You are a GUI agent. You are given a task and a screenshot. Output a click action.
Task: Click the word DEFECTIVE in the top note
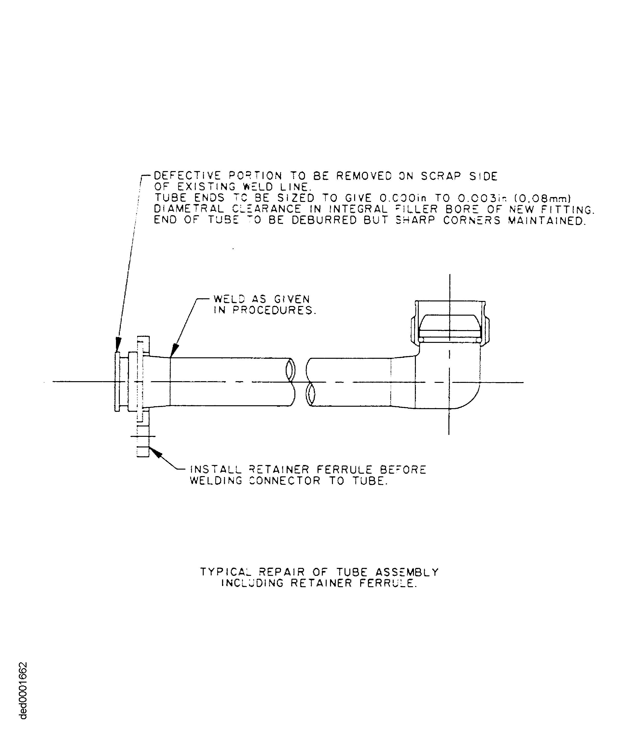(187, 176)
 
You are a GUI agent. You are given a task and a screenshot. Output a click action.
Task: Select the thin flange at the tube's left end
(117, 382)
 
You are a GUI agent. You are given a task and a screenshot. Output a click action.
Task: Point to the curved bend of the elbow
(469, 398)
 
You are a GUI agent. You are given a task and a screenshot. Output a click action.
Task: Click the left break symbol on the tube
(291, 382)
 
